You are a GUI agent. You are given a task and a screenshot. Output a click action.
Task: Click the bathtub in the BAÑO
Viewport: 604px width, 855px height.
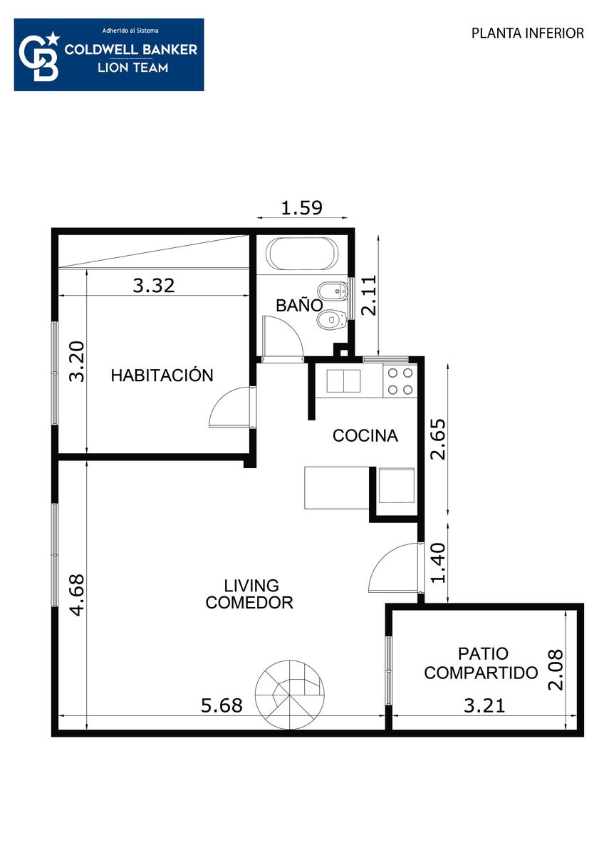[x=303, y=254]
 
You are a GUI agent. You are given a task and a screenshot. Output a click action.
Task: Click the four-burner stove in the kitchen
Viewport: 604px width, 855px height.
[x=400, y=381]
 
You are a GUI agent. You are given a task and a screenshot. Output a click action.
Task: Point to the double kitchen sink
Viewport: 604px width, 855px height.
[x=343, y=381]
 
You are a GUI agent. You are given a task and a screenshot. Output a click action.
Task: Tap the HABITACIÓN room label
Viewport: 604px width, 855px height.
[x=162, y=375]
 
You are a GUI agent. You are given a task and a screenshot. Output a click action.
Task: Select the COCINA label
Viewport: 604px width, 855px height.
[x=365, y=436]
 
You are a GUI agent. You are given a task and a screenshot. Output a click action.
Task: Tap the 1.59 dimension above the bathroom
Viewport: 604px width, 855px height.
[x=301, y=207]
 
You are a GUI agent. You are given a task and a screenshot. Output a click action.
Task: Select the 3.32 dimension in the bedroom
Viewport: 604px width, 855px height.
[x=154, y=286]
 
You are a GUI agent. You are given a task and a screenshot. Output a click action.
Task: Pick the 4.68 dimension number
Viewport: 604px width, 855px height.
[x=77, y=595]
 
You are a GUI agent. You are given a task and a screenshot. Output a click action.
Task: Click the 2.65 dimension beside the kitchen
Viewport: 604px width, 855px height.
[x=437, y=440]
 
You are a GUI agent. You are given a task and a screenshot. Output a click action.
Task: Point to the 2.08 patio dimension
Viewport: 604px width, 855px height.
[x=555, y=670]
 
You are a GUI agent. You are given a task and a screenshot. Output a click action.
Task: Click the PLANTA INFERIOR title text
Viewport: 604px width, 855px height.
[x=528, y=33]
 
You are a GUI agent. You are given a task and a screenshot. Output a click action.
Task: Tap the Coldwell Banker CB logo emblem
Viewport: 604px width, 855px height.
[x=40, y=56]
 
